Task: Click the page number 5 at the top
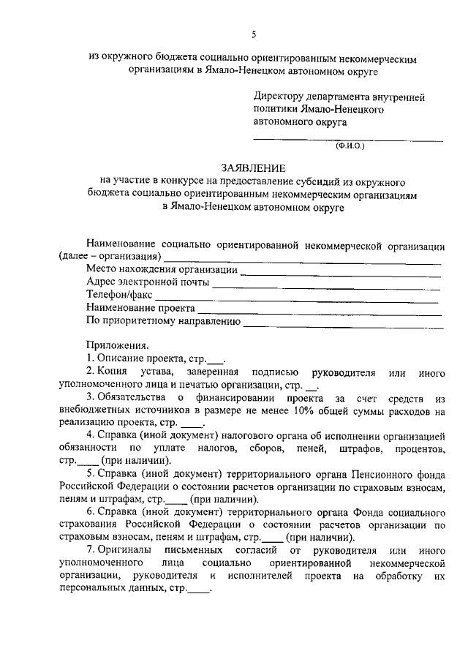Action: [x=253, y=34]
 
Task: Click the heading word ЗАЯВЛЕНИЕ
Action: [x=252, y=168]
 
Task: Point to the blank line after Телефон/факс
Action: [x=297, y=299]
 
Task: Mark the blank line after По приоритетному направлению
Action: [x=342, y=325]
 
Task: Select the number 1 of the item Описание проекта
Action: [x=89, y=359]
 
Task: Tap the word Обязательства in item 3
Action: [x=136, y=399]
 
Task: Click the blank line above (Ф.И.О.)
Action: [x=348, y=139]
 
